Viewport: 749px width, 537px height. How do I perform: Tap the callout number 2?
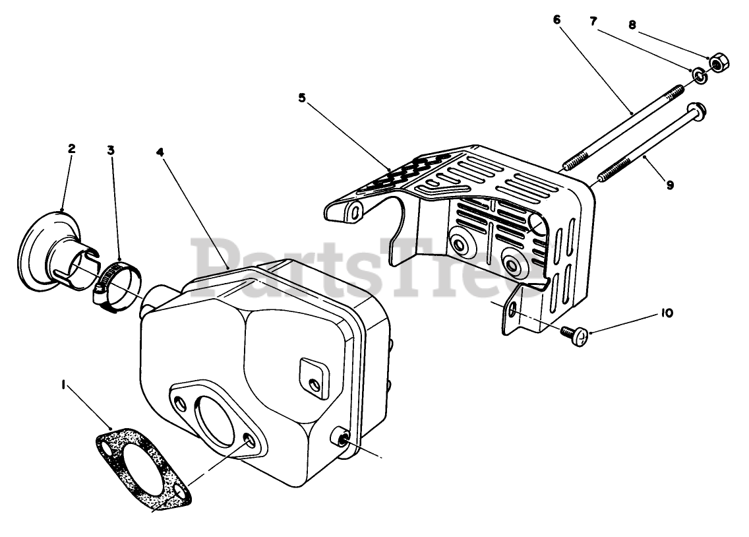click(x=71, y=148)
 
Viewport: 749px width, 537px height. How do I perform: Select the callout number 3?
click(x=111, y=150)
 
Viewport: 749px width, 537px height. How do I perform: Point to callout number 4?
click(x=160, y=152)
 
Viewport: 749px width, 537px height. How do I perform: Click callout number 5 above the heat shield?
click(x=302, y=98)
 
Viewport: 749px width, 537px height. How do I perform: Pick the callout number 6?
click(x=557, y=20)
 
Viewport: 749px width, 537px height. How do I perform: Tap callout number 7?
click(x=593, y=22)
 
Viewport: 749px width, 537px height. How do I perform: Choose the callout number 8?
click(x=632, y=26)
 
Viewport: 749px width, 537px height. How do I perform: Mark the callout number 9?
click(x=670, y=185)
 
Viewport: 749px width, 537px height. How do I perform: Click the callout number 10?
click(x=667, y=314)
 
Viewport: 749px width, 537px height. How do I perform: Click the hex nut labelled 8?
click(x=718, y=64)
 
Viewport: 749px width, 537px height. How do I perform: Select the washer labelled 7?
click(x=700, y=77)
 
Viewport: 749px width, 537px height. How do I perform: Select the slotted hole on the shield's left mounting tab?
click(x=354, y=211)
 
